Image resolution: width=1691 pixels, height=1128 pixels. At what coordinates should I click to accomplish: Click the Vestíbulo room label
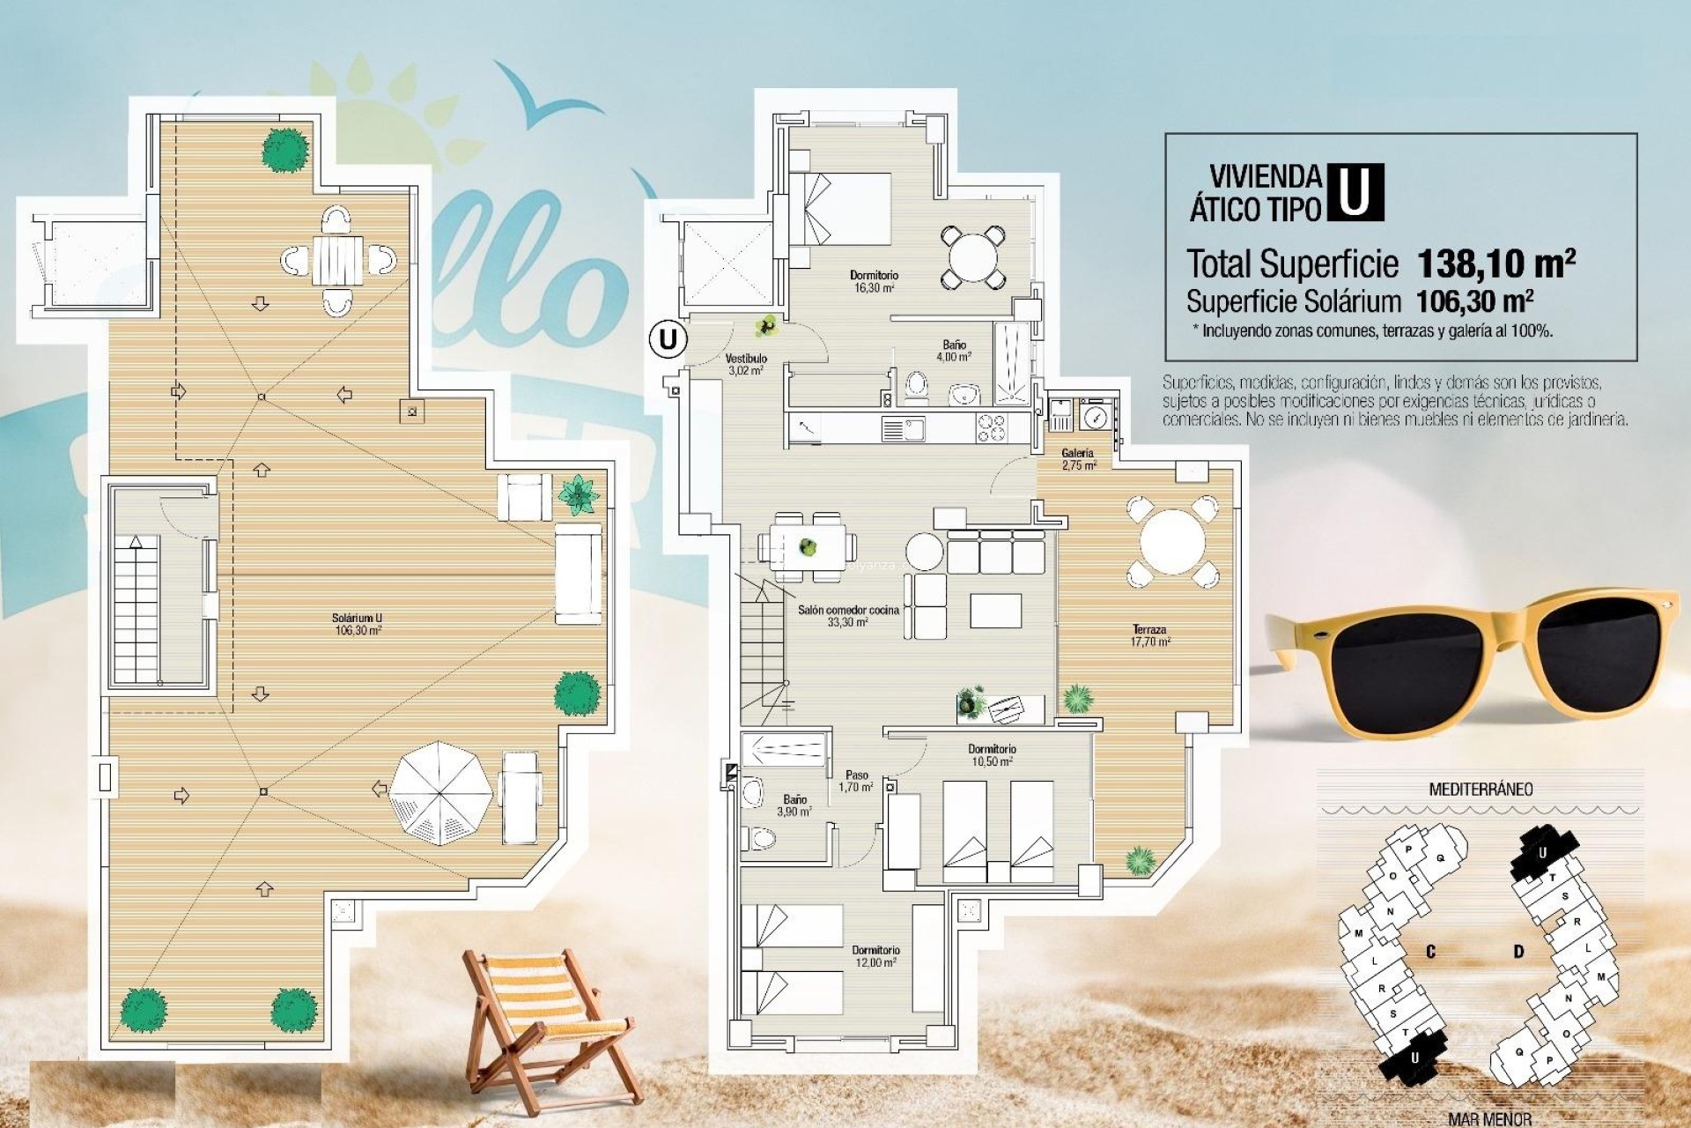pyautogui.click(x=746, y=364)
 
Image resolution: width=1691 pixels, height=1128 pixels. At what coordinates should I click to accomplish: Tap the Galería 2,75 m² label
pyautogui.click(x=1078, y=459)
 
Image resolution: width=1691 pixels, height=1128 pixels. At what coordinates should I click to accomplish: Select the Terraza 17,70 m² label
pyautogui.click(x=1150, y=635)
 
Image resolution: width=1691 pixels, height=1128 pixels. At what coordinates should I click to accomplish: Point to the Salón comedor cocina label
pyautogui.click(x=848, y=615)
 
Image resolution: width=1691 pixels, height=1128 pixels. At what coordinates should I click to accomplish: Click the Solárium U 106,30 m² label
pyautogui.click(x=358, y=624)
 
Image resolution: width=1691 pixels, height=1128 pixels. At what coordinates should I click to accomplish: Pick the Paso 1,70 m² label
pyautogui.click(x=856, y=781)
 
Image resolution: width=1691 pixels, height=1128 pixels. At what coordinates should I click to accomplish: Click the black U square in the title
pyautogui.click(x=1354, y=192)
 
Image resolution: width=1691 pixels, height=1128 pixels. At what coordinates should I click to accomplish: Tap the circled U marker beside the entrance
pyautogui.click(x=668, y=338)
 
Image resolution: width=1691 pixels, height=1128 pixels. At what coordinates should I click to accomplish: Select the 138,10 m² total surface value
pyautogui.click(x=1495, y=263)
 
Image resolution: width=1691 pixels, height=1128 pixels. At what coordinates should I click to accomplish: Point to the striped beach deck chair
pyautogui.click(x=545, y=1022)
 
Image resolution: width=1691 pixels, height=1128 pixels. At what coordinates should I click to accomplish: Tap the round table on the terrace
pyautogui.click(x=1171, y=542)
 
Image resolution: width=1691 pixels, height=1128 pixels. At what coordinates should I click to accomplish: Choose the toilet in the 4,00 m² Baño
pyautogui.click(x=917, y=386)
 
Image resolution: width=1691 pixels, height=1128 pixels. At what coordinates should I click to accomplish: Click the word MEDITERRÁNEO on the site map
pyautogui.click(x=1480, y=789)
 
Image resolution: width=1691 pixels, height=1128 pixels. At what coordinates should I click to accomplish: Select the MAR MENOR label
pyautogui.click(x=1489, y=1119)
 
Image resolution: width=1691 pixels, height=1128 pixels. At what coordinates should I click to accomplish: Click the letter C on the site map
pyautogui.click(x=1431, y=952)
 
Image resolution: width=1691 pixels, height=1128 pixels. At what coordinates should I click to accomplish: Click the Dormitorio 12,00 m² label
pyautogui.click(x=875, y=956)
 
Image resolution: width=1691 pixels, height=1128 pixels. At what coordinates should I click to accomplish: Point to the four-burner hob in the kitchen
pyautogui.click(x=991, y=428)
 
